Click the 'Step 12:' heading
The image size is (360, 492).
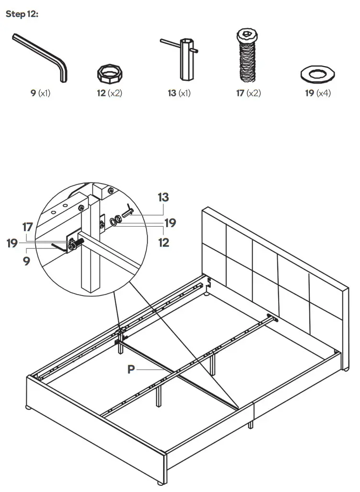point(22,14)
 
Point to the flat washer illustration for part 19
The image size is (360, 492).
point(317,74)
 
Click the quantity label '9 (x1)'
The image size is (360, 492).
point(40,93)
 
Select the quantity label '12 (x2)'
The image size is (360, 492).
point(109,93)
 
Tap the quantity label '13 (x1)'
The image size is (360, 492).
point(179,93)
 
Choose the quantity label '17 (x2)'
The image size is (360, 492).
point(248,93)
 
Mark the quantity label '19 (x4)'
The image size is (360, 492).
point(318,93)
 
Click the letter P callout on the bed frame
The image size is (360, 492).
point(131,369)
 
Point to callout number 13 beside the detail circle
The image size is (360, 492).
point(163,197)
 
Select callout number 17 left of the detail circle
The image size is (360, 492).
point(27,226)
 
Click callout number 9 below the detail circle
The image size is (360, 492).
point(26,262)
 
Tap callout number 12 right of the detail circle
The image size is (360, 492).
point(164,242)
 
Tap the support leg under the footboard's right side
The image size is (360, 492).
point(250,424)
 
